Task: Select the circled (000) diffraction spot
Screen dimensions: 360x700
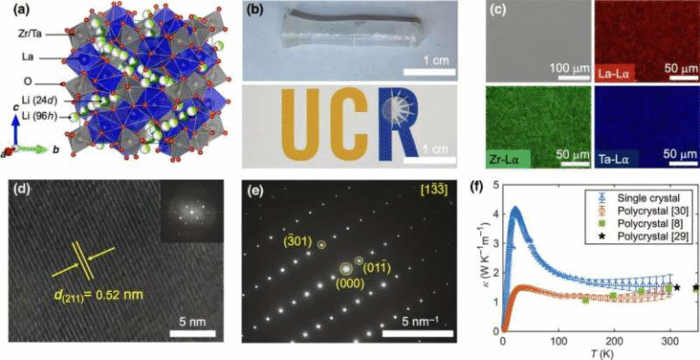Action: (345, 269)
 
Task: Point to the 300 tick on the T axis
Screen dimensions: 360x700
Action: (670, 342)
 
